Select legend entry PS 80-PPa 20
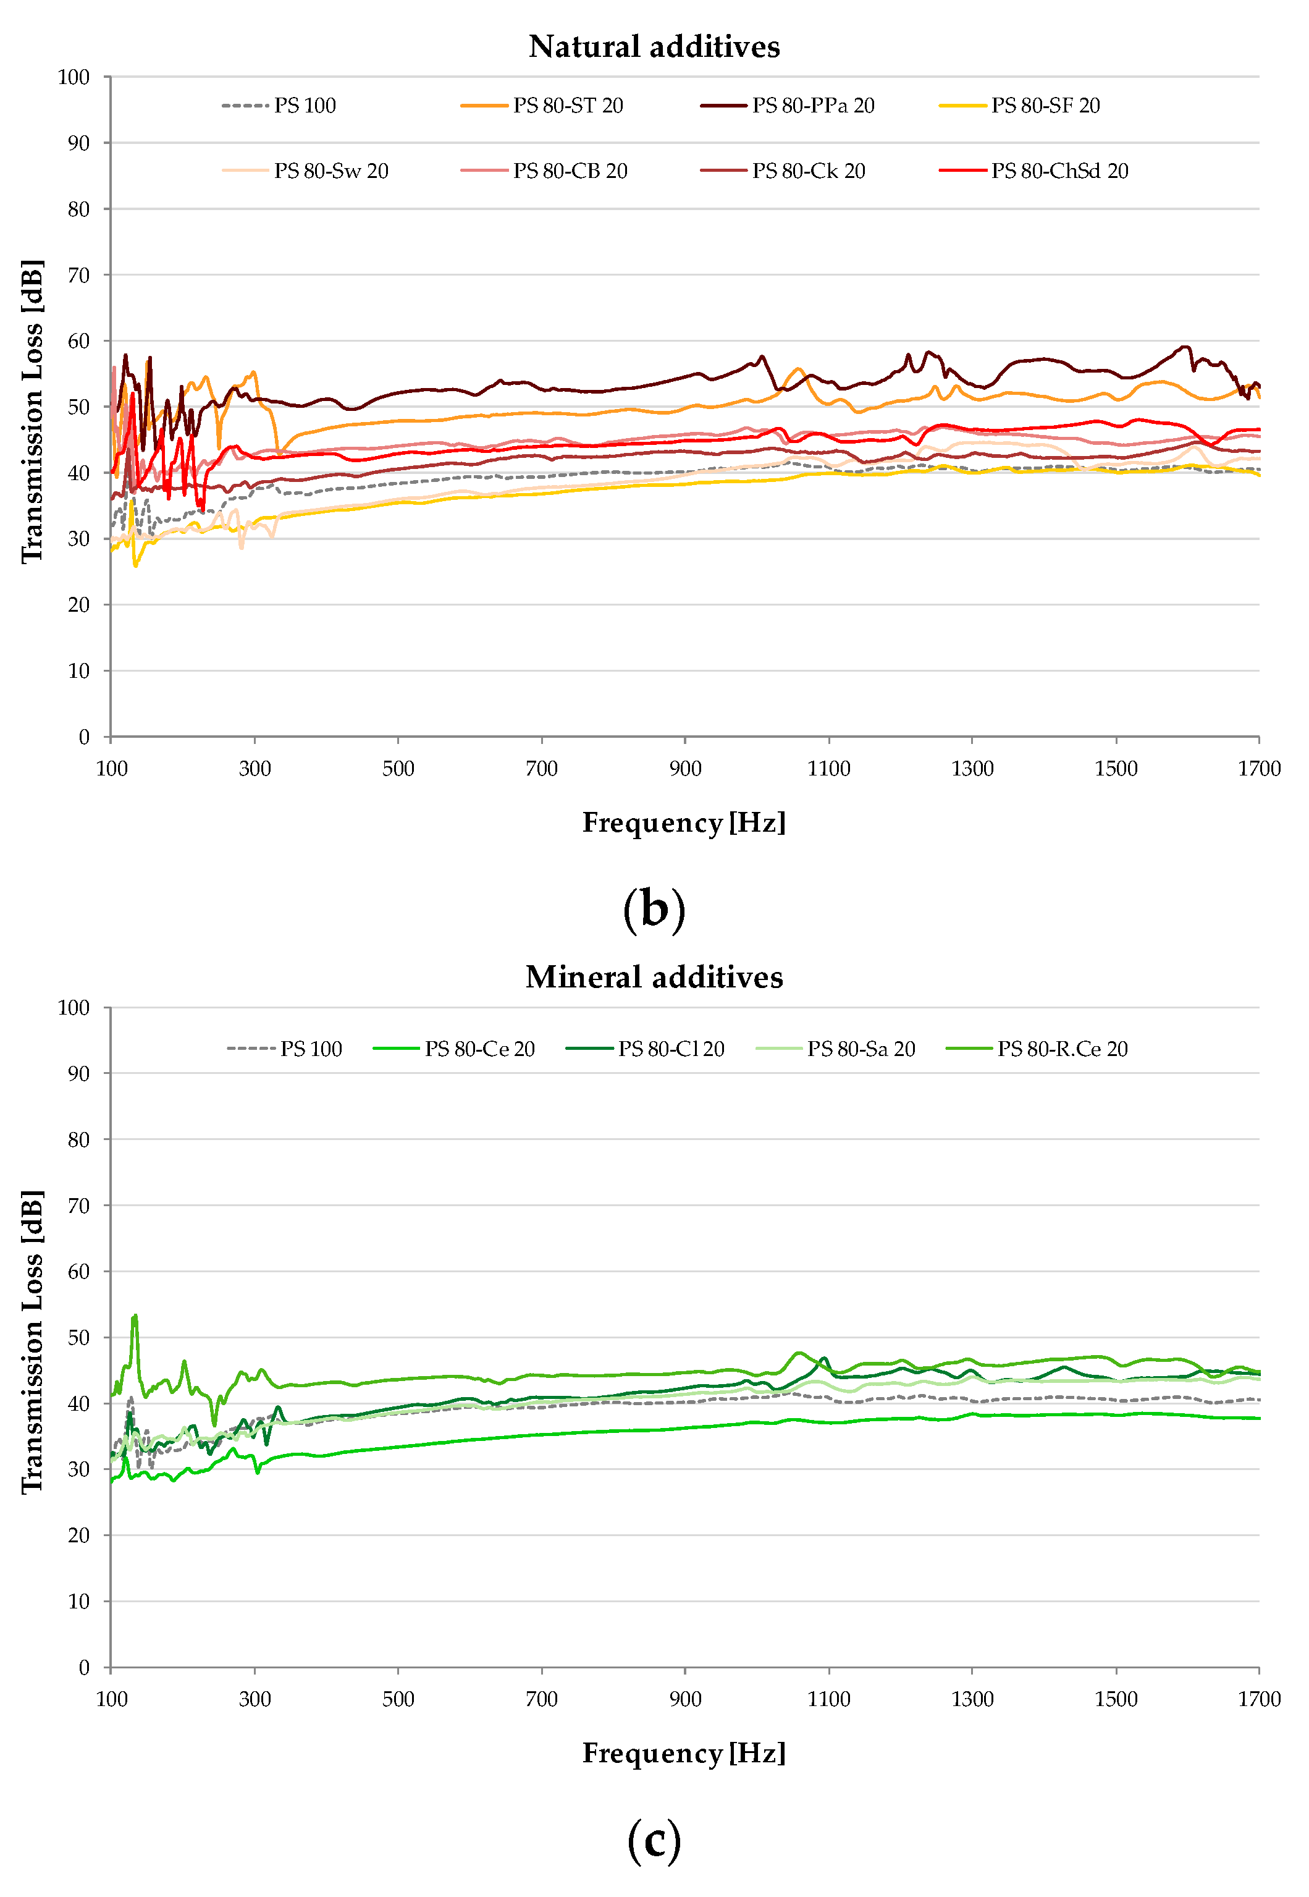tap(813, 106)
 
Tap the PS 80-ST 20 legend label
tap(568, 106)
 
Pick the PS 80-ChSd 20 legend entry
tap(1059, 171)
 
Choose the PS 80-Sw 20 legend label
tap(330, 171)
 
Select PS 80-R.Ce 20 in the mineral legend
tap(1061, 1049)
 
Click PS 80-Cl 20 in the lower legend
tap(670, 1049)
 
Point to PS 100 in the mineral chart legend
tap(310, 1049)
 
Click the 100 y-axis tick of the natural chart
tap(74, 77)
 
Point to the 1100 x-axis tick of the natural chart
tap(828, 769)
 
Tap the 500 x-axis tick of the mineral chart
tap(398, 1699)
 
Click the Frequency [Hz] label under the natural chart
tap(683, 822)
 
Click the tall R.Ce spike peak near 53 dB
tap(135, 1316)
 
